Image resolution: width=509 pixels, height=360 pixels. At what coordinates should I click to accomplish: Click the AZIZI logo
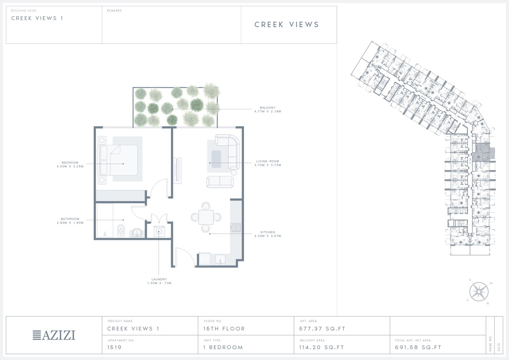coord(54,335)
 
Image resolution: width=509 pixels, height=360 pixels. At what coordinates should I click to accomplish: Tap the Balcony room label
coord(267,108)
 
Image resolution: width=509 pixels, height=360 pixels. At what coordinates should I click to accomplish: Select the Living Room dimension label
coord(268,165)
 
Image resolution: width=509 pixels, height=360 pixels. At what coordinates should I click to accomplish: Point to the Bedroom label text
coord(70,163)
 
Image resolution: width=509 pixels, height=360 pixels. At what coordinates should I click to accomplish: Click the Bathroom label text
coord(70,219)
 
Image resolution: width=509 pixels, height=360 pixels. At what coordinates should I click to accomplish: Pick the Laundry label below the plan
coord(159,279)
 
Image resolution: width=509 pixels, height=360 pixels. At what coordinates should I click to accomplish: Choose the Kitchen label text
coord(267,232)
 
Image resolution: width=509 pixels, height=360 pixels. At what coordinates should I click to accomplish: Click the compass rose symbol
coord(479,291)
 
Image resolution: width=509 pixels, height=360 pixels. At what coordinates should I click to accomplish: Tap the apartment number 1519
coord(114,347)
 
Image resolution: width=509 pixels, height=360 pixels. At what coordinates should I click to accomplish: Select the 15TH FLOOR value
coord(224,329)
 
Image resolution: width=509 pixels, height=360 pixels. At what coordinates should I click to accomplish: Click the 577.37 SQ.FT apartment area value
coord(322,329)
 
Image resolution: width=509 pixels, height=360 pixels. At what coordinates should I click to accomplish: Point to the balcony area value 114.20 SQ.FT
coord(322,347)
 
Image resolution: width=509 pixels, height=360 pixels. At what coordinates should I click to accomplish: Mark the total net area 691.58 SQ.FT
coord(418,347)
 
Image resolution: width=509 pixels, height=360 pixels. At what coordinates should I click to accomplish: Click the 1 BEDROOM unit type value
coord(223,347)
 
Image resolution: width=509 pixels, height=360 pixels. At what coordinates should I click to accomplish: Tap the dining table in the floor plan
coord(206,217)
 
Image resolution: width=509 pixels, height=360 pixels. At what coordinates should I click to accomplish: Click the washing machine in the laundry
coord(159,231)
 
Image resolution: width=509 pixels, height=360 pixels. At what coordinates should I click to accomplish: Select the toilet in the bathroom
coord(121,230)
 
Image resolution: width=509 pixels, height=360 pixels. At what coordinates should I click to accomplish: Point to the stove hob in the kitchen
coord(235,227)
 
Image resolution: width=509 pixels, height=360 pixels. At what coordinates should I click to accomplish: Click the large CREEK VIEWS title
coord(287,24)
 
